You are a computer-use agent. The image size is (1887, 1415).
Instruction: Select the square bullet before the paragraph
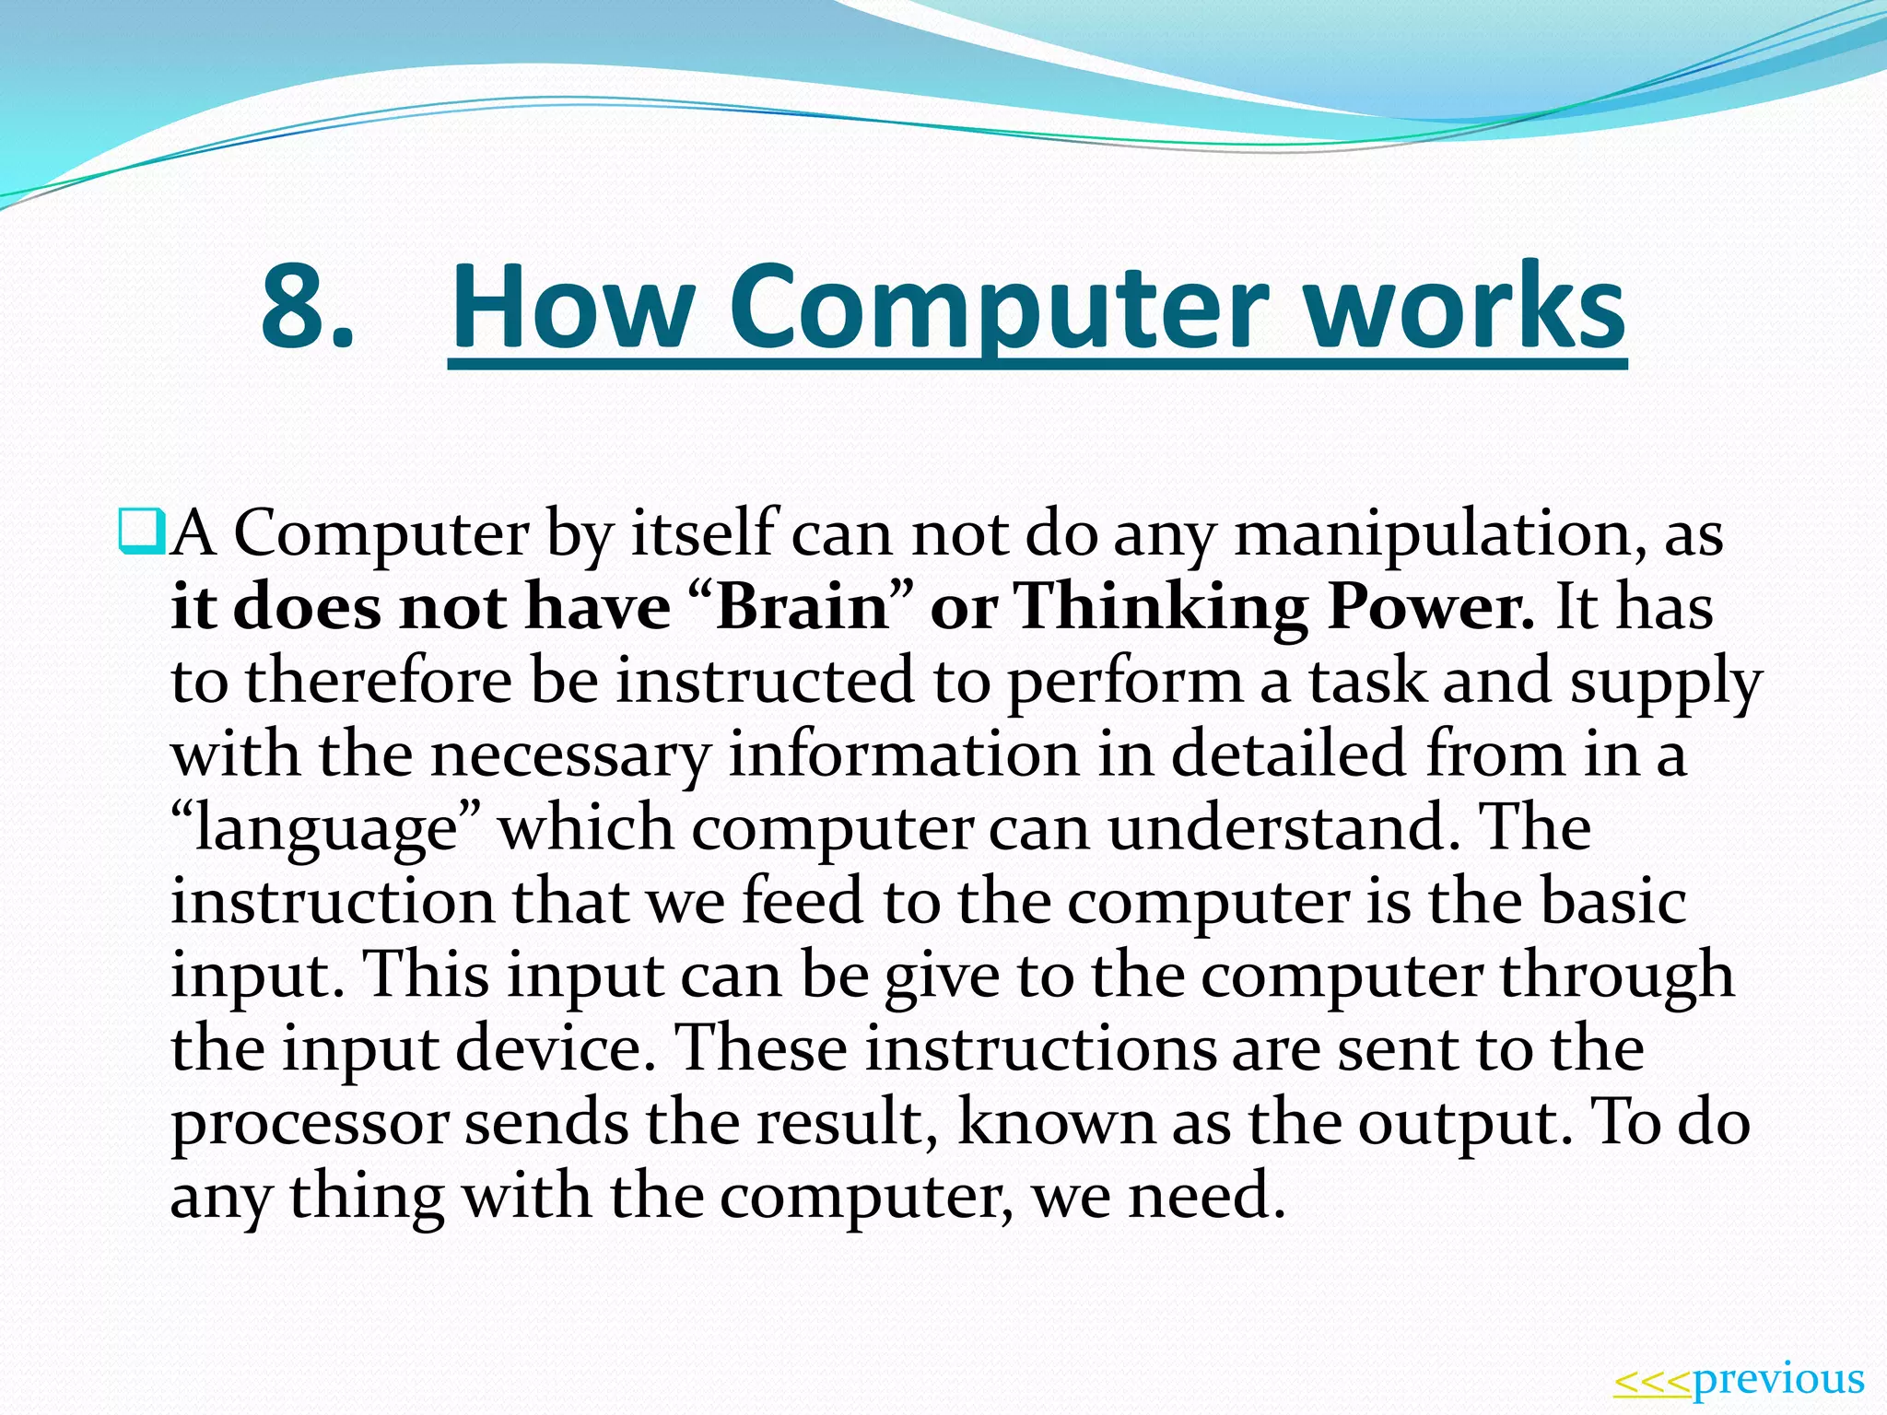click(x=140, y=532)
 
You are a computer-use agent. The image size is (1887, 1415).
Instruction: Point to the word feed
click(x=803, y=901)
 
